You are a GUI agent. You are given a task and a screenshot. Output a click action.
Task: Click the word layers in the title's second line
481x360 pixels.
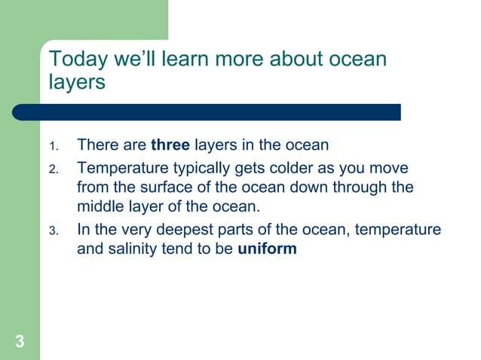77,82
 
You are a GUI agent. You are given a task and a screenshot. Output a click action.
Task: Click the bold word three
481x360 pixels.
170,145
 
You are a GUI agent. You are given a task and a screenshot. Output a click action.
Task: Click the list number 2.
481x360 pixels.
53,168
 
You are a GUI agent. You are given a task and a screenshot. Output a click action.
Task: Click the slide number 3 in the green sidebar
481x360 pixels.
20,343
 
